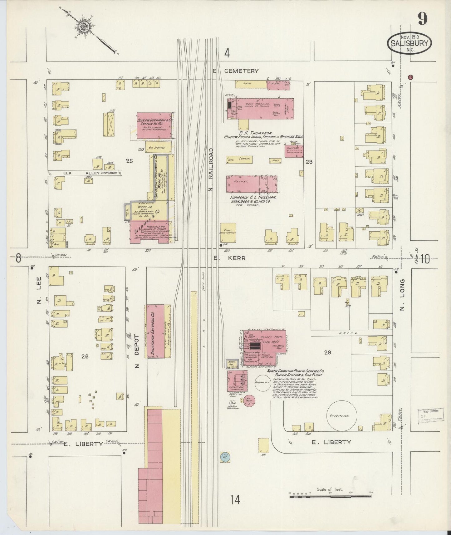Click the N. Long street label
(402, 295)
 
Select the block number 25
(129, 161)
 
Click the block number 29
(327, 352)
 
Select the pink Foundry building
(294, 151)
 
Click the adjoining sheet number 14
(235, 500)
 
